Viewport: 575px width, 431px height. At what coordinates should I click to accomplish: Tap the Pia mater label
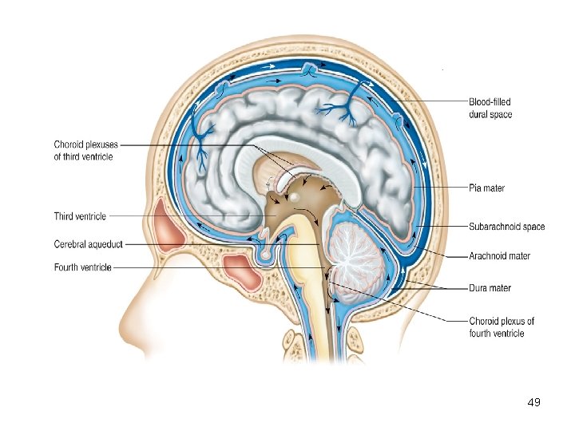click(486, 188)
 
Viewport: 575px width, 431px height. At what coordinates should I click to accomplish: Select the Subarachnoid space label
click(507, 227)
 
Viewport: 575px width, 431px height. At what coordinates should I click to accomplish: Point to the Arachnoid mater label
click(499, 256)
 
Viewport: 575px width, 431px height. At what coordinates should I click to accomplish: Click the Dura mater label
click(490, 287)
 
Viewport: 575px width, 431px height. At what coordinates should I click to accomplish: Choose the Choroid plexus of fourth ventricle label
click(502, 327)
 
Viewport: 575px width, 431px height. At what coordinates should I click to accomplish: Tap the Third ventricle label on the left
click(80, 216)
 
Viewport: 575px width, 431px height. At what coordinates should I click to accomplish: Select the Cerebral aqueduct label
click(88, 243)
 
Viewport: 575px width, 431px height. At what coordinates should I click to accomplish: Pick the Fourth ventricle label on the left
click(82, 267)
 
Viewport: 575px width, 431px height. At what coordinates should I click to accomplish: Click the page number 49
click(534, 402)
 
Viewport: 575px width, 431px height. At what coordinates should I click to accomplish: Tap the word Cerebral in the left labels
click(70, 243)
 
